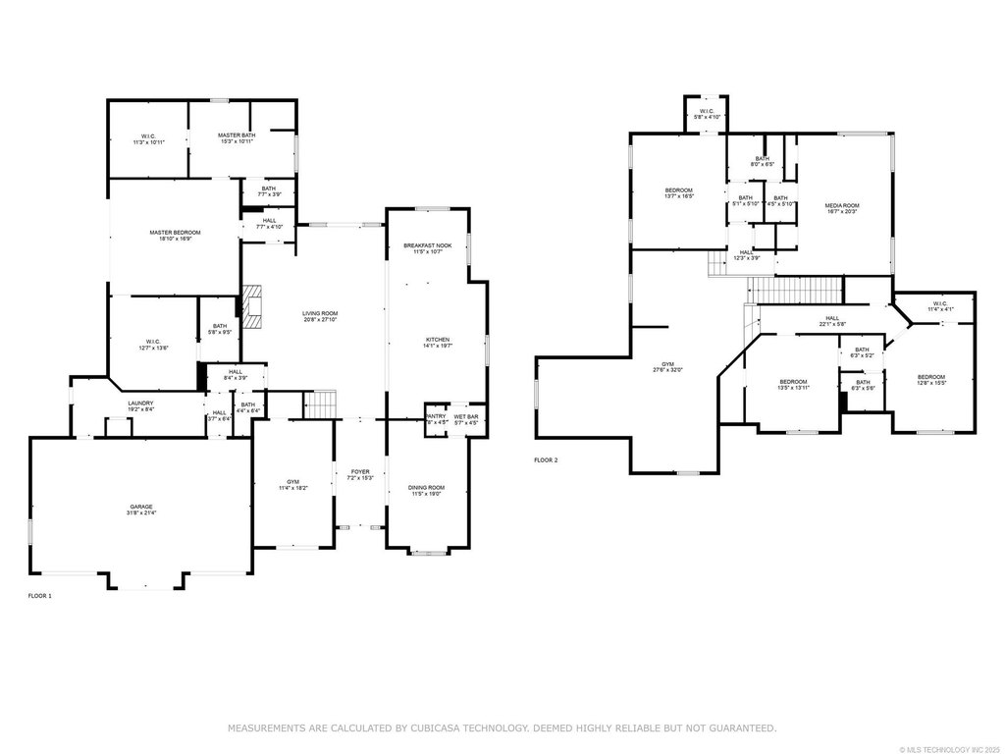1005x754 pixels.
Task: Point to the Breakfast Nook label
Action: (427, 245)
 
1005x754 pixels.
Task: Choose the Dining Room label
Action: (426, 488)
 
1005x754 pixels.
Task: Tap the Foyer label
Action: (360, 471)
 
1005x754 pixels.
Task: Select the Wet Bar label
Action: (465, 417)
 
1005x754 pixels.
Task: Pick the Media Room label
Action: (842, 205)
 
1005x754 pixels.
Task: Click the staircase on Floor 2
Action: (795, 291)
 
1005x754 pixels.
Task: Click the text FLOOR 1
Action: (39, 596)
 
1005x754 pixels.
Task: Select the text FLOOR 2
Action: (546, 459)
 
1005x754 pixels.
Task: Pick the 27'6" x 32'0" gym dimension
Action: (667, 370)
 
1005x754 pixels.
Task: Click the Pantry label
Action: (435, 417)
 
